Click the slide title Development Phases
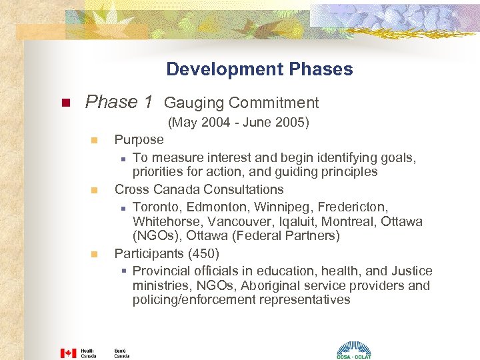[x=259, y=69]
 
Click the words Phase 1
[x=119, y=102]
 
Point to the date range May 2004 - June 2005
[x=239, y=123]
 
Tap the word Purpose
[x=139, y=139]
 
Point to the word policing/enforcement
[x=195, y=300]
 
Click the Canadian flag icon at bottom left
[x=69, y=353]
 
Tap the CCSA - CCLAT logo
[x=353, y=350]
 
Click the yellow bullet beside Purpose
[x=95, y=141]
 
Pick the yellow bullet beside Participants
[x=95, y=255]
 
